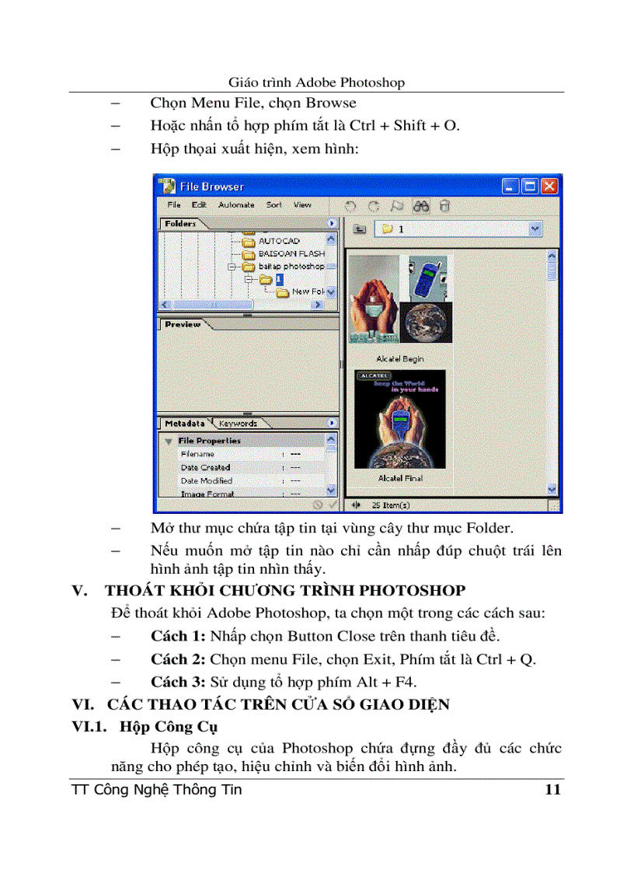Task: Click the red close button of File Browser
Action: (549, 187)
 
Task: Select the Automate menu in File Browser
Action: (236, 205)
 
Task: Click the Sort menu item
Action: (274, 205)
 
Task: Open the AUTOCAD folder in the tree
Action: (278, 241)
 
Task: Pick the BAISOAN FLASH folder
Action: (291, 253)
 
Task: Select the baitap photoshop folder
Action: (291, 266)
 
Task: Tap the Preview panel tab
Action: (183, 324)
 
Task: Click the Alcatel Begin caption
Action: (400, 359)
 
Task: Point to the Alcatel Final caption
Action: (400, 478)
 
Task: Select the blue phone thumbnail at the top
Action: (425, 278)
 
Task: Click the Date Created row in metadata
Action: (205, 467)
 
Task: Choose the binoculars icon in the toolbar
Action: (421, 206)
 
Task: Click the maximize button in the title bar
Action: (530, 187)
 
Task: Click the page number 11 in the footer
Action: (552, 791)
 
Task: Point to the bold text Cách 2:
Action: (179, 659)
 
